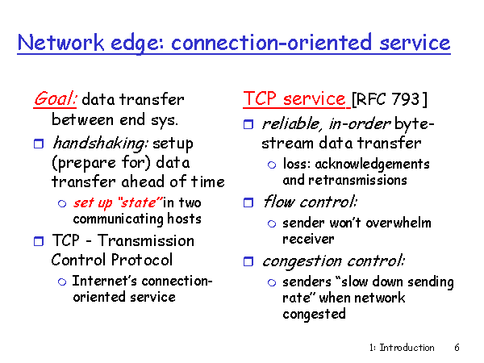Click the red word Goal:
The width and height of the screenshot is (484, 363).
pos(55,99)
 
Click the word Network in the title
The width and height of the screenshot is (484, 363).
pos(60,42)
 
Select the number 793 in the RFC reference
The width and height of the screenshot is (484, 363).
pos(406,99)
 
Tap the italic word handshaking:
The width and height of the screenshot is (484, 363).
pos(101,143)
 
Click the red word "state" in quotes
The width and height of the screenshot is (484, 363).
pos(140,202)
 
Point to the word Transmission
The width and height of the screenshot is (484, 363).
pos(146,240)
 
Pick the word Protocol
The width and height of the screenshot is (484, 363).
pos(142,260)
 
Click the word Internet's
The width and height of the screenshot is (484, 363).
pos(105,281)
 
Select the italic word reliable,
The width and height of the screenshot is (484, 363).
pos(290,124)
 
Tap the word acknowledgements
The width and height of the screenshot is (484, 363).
pos(372,165)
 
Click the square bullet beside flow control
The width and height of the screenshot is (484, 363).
pos(248,202)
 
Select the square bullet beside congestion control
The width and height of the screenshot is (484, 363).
pos(248,261)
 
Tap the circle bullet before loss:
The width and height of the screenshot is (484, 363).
pos(272,165)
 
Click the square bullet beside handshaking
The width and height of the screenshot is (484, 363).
pos(39,144)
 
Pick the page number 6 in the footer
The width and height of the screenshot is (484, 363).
pos(457,348)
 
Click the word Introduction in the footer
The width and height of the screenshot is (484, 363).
pos(407,348)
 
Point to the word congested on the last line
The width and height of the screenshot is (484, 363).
pos(314,315)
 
